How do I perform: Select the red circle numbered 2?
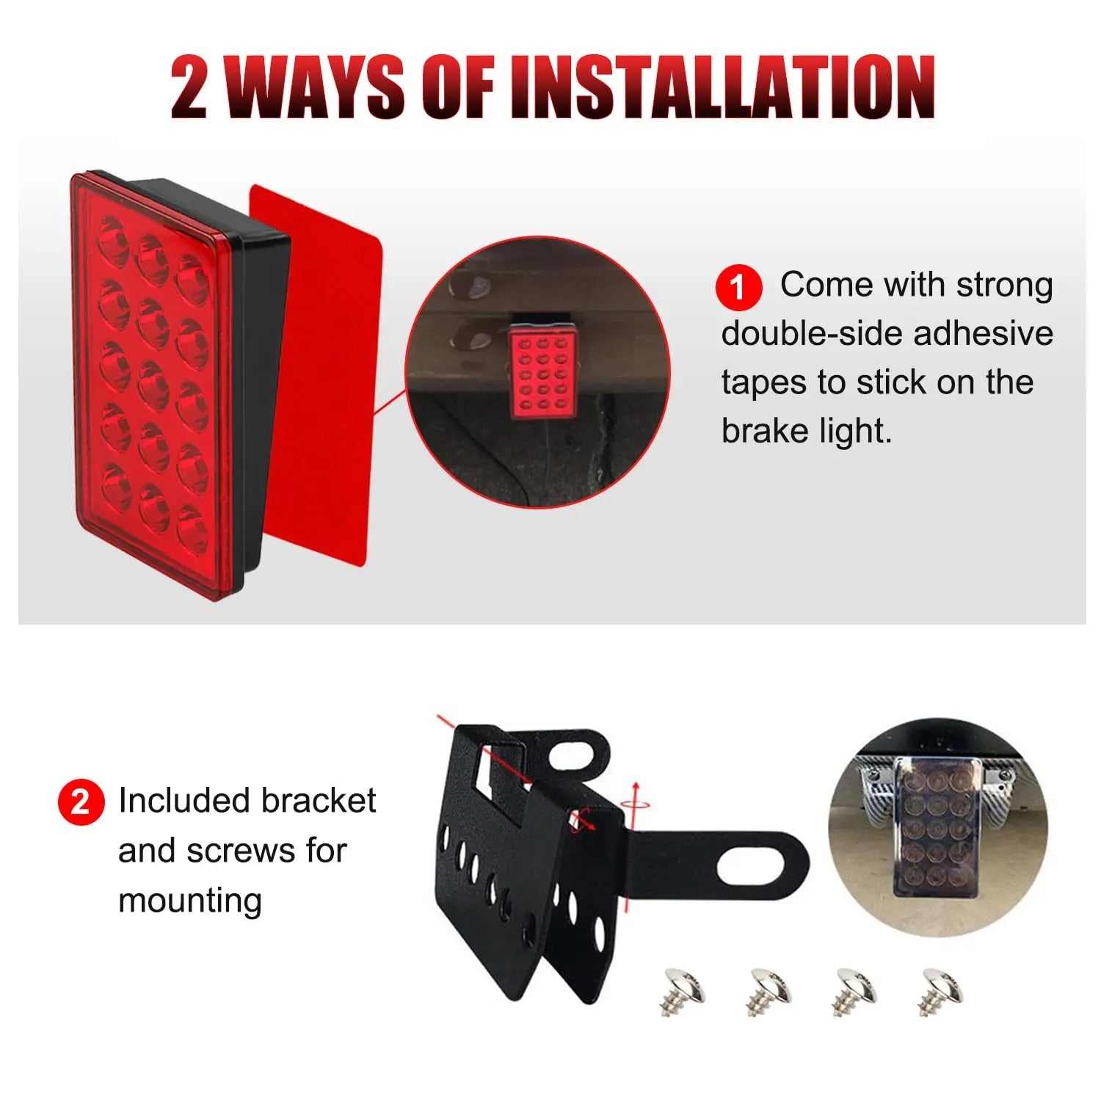(x=80, y=802)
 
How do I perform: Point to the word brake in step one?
(x=763, y=431)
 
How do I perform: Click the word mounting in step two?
(x=189, y=901)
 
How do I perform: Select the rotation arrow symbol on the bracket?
(x=634, y=803)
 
